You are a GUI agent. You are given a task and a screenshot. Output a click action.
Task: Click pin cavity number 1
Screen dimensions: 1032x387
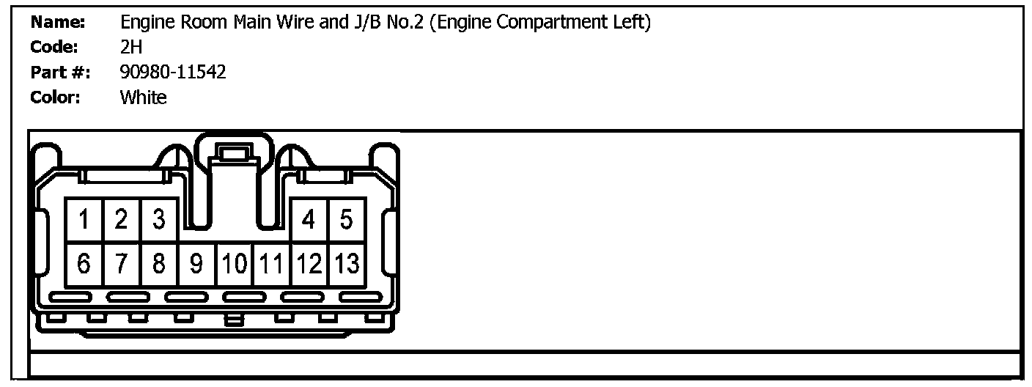(84, 219)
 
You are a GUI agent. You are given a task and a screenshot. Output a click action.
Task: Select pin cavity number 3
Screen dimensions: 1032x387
(159, 219)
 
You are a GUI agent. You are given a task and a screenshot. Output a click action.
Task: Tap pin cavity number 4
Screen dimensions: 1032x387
(309, 219)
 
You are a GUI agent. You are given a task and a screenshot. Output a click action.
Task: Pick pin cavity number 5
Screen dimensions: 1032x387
(346, 219)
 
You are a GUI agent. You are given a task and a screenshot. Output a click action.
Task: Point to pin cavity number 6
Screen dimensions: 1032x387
(84, 264)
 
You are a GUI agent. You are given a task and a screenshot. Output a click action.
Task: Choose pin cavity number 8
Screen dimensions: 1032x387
(159, 264)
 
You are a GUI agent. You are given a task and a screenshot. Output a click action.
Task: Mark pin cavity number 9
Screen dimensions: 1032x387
(196, 264)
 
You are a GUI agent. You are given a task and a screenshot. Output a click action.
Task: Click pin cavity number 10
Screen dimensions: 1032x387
(234, 264)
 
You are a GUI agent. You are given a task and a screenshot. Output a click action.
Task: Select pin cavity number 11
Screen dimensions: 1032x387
(271, 264)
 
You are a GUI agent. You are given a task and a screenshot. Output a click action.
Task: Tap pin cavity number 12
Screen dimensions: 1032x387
(309, 264)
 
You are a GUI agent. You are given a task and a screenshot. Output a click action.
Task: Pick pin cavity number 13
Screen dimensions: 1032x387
(346, 264)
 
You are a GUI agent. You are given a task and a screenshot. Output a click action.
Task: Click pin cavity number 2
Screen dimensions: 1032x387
(122, 219)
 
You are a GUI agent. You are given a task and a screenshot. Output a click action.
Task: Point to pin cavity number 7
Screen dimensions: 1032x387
(122, 264)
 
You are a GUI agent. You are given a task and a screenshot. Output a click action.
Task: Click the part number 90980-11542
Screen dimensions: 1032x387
(173, 72)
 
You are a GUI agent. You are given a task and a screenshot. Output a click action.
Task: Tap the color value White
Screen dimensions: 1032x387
(143, 97)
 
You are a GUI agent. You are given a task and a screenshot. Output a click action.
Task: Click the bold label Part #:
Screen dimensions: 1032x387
(60, 72)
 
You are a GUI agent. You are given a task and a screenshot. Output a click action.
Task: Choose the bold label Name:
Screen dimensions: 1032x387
(59, 22)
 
